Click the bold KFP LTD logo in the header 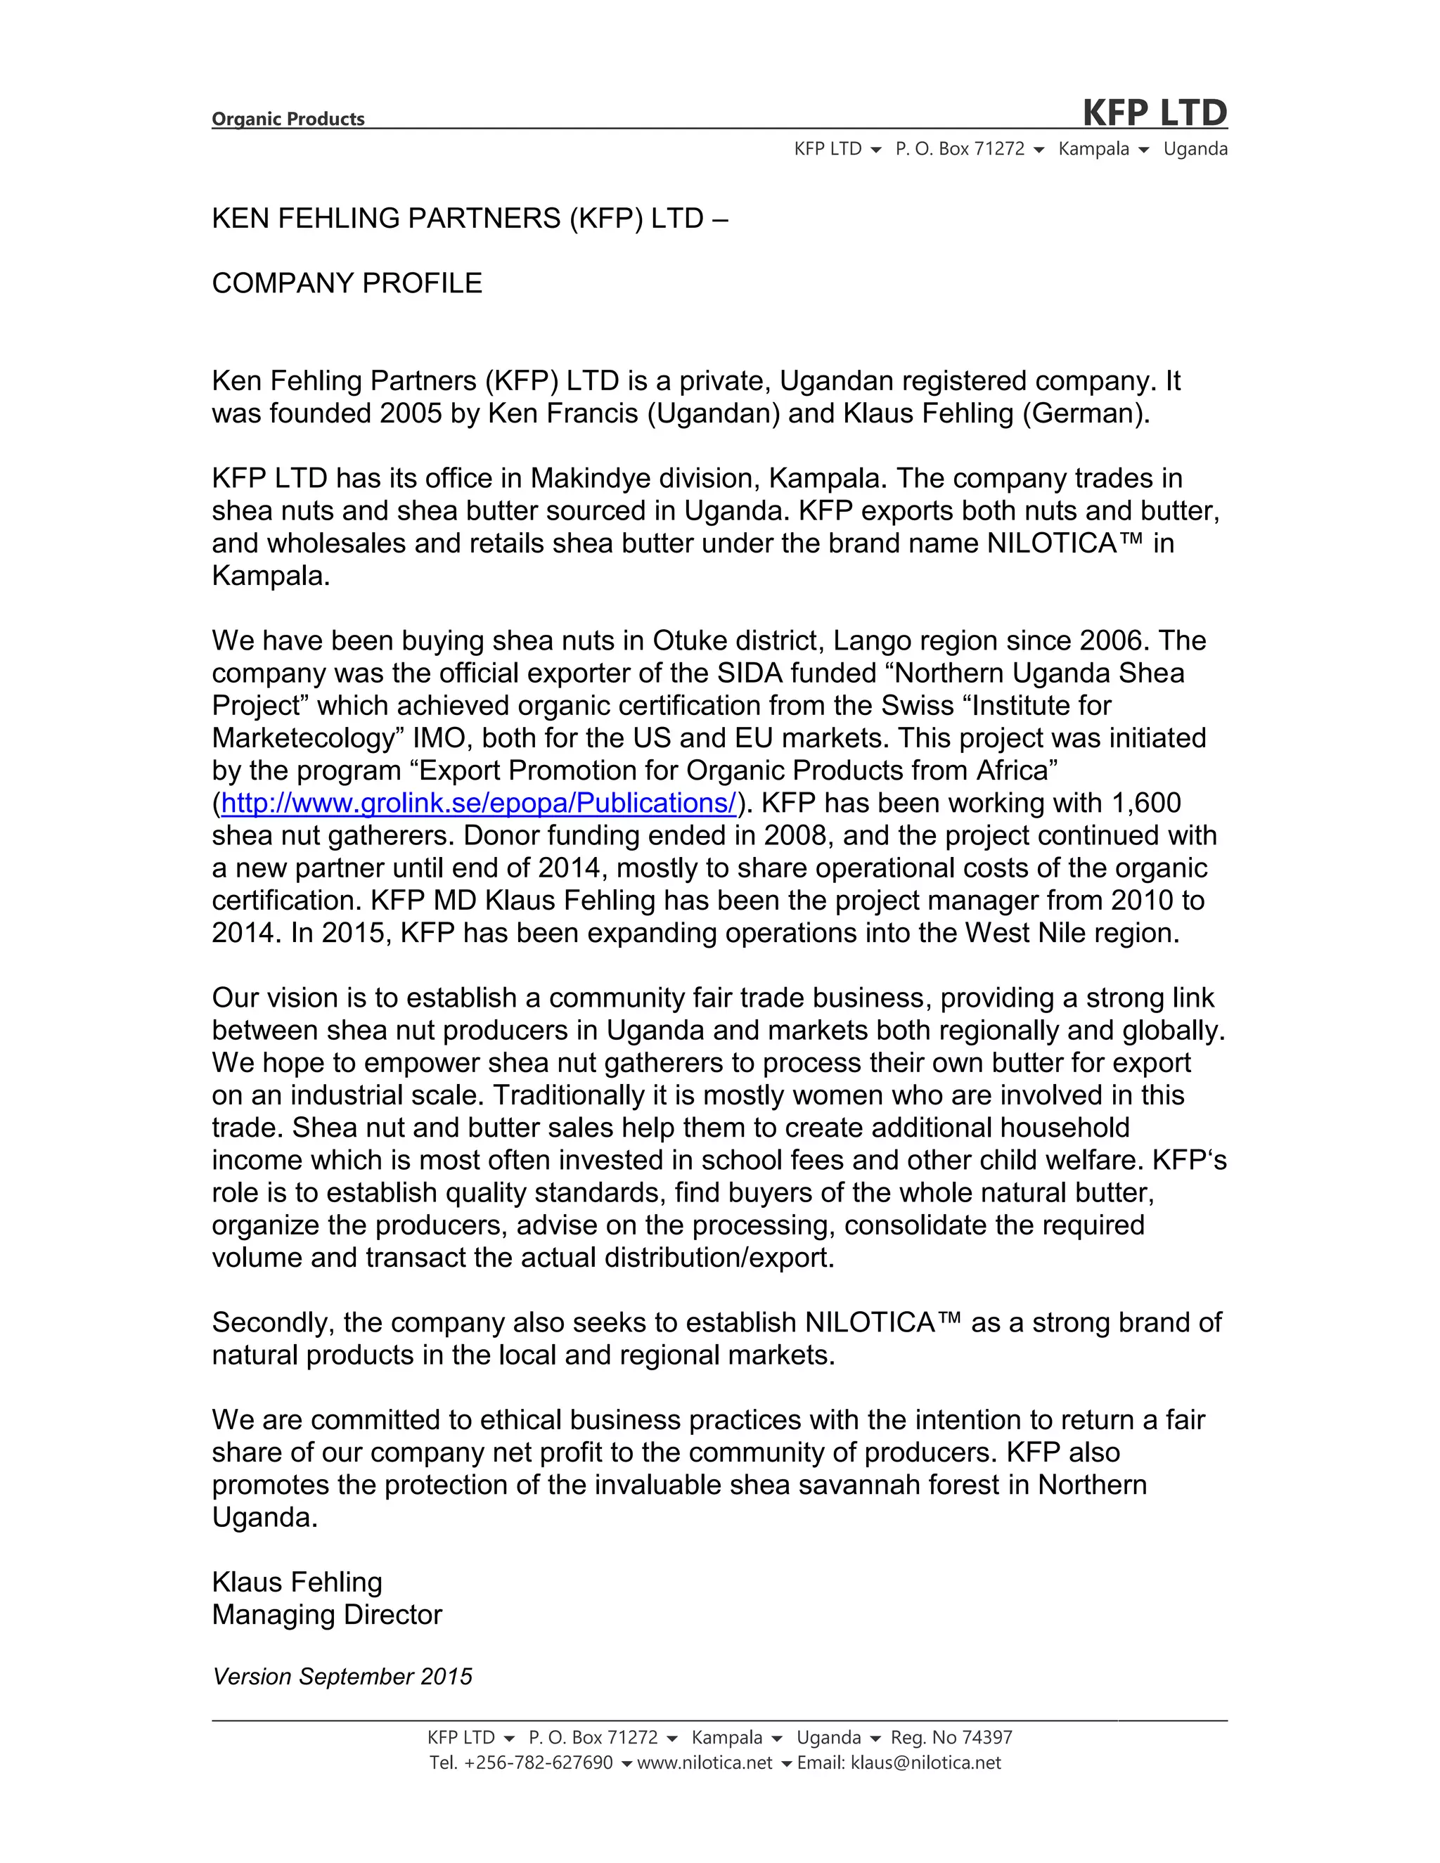tap(1155, 112)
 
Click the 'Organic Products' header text tap(288, 119)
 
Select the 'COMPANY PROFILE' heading tap(347, 283)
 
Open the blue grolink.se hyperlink tap(477, 803)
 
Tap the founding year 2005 tap(411, 413)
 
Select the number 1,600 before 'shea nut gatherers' tap(1145, 803)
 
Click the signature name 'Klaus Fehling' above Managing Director tap(297, 1582)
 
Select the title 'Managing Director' tap(327, 1615)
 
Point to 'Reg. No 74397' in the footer tap(951, 1738)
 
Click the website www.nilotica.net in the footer tap(705, 1763)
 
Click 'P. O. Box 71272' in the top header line tap(960, 149)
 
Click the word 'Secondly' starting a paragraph tap(273, 1323)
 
